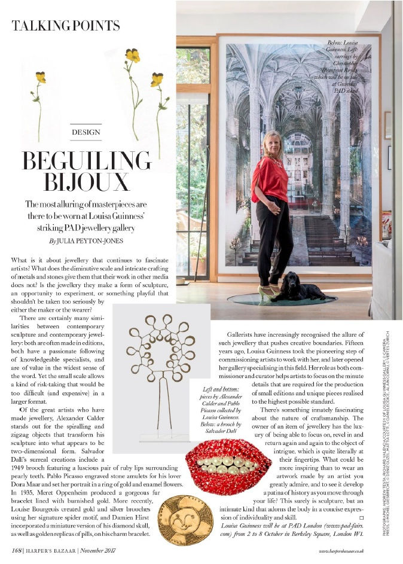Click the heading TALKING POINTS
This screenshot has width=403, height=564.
66,26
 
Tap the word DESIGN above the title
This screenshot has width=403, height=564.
86,132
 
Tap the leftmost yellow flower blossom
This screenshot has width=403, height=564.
40,77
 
